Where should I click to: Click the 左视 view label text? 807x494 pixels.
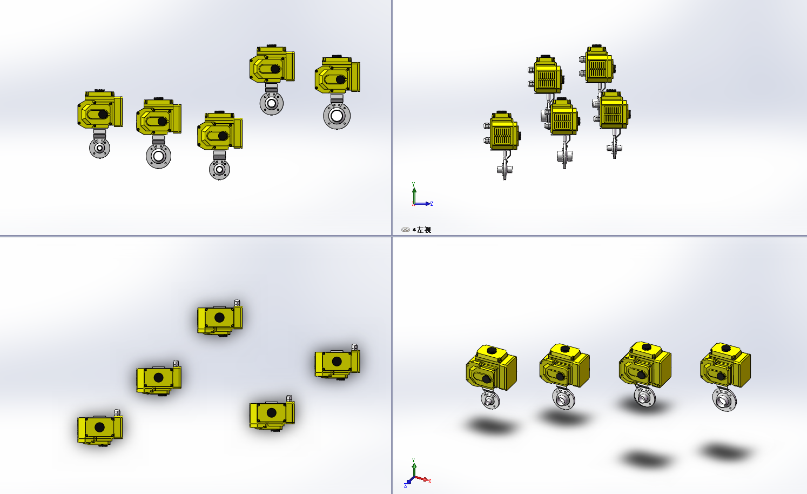pyautogui.click(x=423, y=230)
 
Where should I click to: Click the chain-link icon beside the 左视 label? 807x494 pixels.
pyautogui.click(x=405, y=230)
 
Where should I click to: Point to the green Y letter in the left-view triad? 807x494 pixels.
pyautogui.click(x=413, y=184)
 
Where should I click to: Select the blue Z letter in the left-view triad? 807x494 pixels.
pyautogui.click(x=432, y=204)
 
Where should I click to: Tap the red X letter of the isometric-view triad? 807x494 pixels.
pyautogui.click(x=429, y=481)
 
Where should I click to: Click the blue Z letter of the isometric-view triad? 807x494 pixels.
pyautogui.click(x=405, y=486)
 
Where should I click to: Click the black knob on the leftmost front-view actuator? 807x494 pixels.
pyautogui.click(x=103, y=114)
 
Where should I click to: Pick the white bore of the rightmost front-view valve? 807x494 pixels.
pyautogui.click(x=337, y=116)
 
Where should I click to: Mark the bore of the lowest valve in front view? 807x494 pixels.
pyautogui.click(x=219, y=169)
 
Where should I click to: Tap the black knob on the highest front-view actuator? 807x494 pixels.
pyautogui.click(x=275, y=69)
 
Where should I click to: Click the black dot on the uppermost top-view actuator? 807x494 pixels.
pyautogui.click(x=219, y=318)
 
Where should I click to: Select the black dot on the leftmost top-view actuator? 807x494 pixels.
pyautogui.click(x=100, y=428)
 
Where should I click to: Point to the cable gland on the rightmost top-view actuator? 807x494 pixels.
pyautogui.click(x=354, y=348)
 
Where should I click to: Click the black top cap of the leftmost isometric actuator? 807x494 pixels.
pyautogui.click(x=492, y=350)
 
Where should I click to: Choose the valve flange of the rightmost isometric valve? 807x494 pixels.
pyautogui.click(x=724, y=400)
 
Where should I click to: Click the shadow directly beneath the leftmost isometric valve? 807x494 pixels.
pyautogui.click(x=492, y=426)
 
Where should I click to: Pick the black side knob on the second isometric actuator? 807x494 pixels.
pyautogui.click(x=560, y=377)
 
